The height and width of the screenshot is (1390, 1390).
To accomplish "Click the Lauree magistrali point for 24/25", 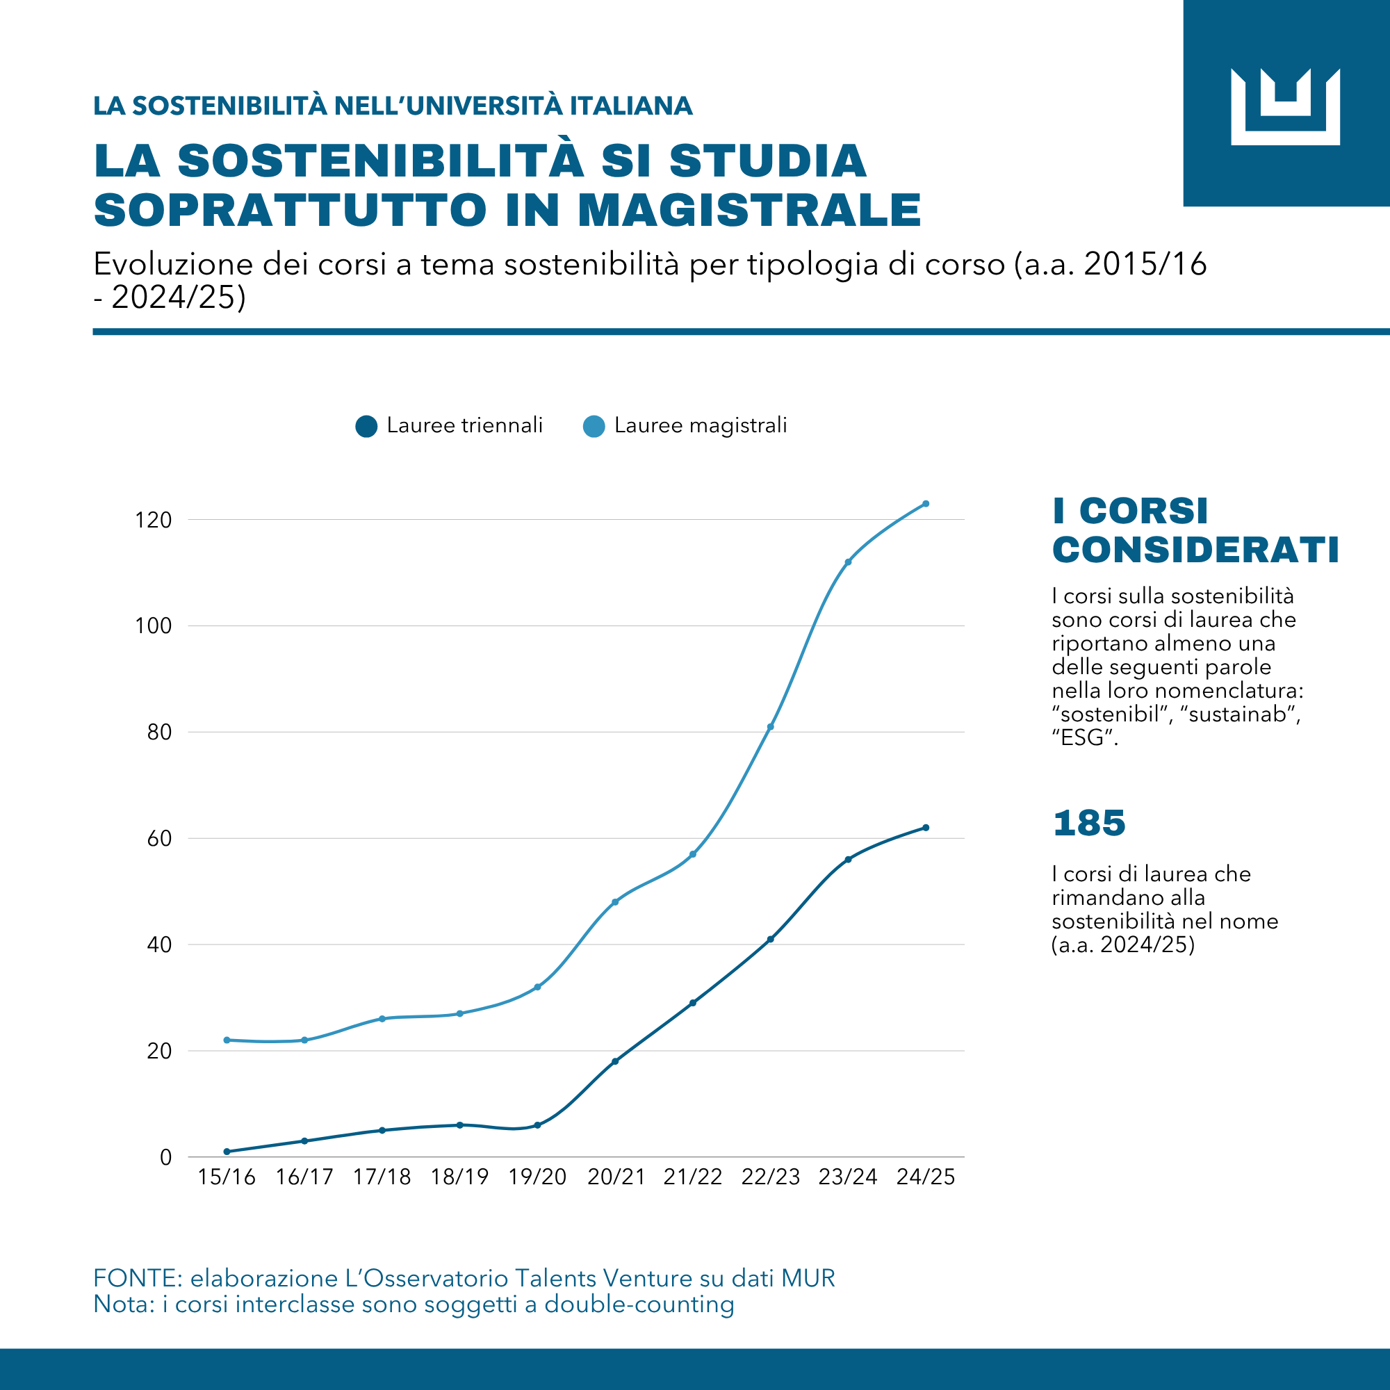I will (x=925, y=504).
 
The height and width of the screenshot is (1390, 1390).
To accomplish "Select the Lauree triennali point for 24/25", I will (x=925, y=827).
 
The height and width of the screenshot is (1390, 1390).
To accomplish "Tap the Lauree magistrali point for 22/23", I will (x=770, y=727).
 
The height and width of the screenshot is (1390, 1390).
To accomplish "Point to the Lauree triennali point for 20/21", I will (x=615, y=1061).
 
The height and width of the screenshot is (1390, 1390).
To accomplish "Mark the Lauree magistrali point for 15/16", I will (x=227, y=1040).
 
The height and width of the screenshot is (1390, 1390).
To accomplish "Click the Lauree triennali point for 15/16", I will (x=227, y=1152).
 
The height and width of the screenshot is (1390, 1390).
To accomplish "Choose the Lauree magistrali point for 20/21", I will (x=615, y=901).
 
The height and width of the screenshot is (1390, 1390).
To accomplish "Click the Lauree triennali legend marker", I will (x=366, y=426).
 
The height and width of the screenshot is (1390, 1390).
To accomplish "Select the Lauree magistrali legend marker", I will (x=594, y=426).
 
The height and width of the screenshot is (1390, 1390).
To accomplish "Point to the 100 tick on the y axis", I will (x=153, y=626).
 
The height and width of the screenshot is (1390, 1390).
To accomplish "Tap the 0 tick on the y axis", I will (x=165, y=1158).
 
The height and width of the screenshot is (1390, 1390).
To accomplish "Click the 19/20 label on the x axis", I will (x=537, y=1177).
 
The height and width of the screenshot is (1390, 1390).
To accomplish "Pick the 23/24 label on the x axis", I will (x=847, y=1177).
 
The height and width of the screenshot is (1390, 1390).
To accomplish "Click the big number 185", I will (x=1088, y=823).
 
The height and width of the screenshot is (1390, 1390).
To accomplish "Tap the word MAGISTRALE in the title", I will (x=749, y=211).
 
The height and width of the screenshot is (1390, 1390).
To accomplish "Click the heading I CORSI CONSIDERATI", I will (x=1194, y=531).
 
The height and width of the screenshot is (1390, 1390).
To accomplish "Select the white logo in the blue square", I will (x=1285, y=106).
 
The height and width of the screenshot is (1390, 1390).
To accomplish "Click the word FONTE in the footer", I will (x=138, y=1279).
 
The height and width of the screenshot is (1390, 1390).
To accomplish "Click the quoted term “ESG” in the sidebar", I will (x=1084, y=738).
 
